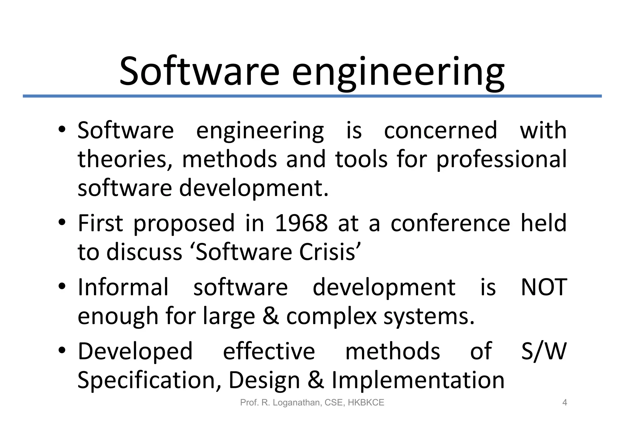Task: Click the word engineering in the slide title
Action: point(398,73)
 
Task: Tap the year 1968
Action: point(301,223)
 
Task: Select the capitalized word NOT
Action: point(544,287)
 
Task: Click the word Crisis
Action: point(327,252)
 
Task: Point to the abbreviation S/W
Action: point(544,351)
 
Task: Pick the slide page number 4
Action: point(565,403)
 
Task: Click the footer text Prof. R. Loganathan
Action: point(280,403)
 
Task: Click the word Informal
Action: point(123,287)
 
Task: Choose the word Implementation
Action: point(418,380)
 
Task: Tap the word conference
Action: point(450,223)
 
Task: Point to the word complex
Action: point(331,316)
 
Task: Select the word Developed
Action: point(135,351)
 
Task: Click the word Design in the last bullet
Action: point(264,380)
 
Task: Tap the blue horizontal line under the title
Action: point(312,96)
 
